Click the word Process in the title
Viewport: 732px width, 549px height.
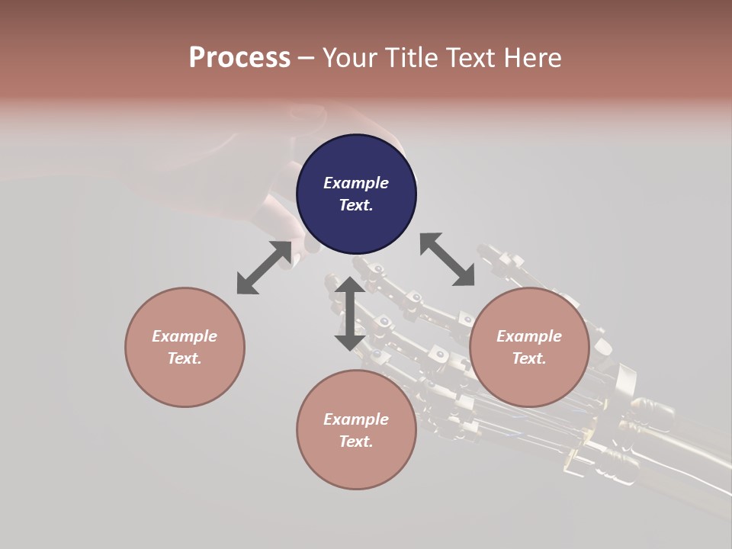point(239,58)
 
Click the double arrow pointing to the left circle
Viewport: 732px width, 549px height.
point(264,268)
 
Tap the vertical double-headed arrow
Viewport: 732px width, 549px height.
point(350,313)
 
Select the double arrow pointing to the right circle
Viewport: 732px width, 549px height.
point(448,260)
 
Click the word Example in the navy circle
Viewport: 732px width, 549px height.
point(356,183)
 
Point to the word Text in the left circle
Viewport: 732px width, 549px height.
point(184,358)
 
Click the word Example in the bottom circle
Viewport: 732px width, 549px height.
point(356,419)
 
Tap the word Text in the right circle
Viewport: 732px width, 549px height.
point(528,358)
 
